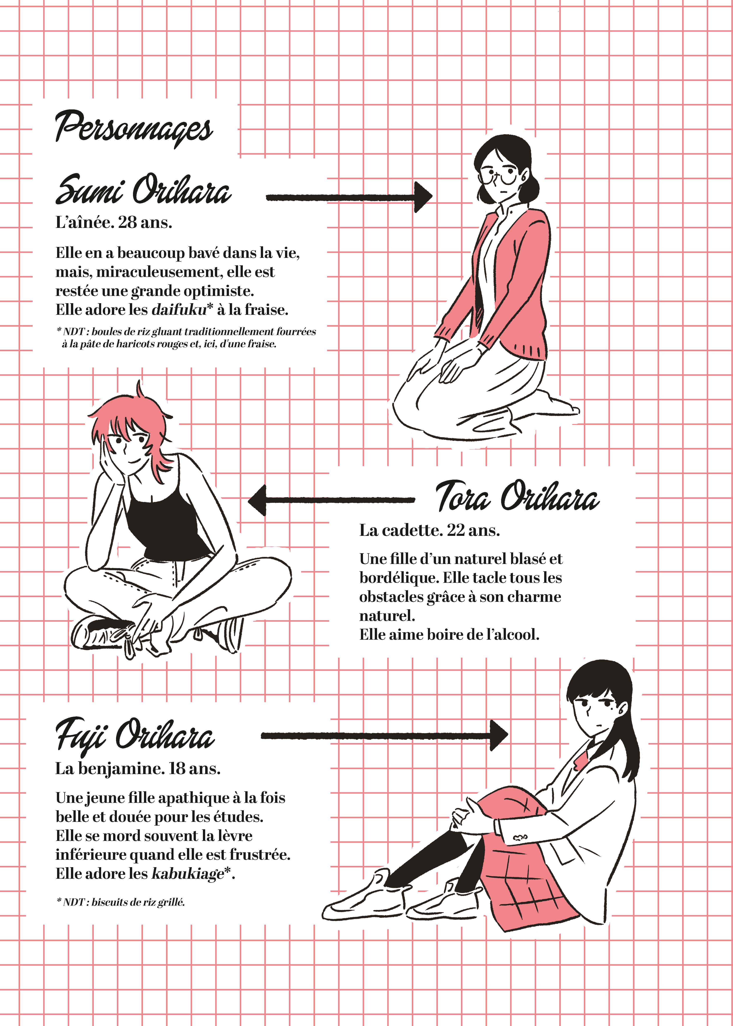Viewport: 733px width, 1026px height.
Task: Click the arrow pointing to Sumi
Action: point(349,197)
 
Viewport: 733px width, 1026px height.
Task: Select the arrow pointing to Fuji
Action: point(384,735)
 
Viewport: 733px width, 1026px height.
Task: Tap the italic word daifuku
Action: point(179,310)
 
